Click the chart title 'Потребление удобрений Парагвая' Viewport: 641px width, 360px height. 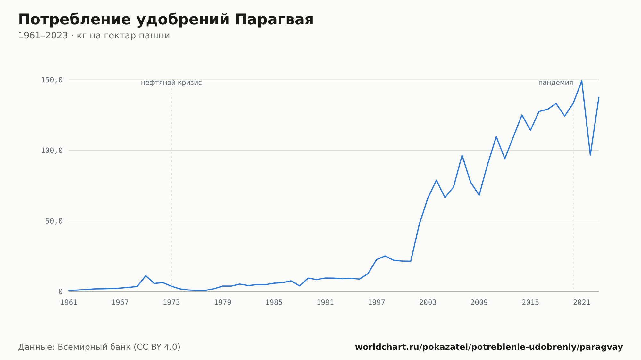tap(166, 20)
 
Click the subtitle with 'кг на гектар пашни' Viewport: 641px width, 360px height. tap(94, 36)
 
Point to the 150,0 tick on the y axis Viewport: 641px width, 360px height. tap(52, 80)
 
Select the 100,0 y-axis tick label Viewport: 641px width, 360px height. tap(52, 151)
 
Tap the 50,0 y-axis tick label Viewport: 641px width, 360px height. tap(54, 221)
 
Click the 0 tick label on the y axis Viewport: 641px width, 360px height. tap(60, 292)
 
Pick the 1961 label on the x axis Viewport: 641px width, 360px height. tap(69, 303)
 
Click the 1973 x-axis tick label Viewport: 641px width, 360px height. tap(171, 303)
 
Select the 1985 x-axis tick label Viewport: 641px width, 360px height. tap(274, 303)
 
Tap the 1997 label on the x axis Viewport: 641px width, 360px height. tap(377, 303)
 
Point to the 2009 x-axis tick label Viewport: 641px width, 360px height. tap(479, 303)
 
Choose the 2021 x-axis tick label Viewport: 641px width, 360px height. tap(582, 303)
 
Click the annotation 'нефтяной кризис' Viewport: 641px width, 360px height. tap(171, 83)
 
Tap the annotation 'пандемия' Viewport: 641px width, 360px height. tap(556, 83)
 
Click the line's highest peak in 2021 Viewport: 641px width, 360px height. tap(582, 81)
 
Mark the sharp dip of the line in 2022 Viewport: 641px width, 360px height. tap(590, 155)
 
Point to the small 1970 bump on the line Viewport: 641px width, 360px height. tap(146, 276)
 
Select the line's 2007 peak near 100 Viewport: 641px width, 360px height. tap(462, 155)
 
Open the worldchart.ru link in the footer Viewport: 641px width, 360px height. tap(489, 347)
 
